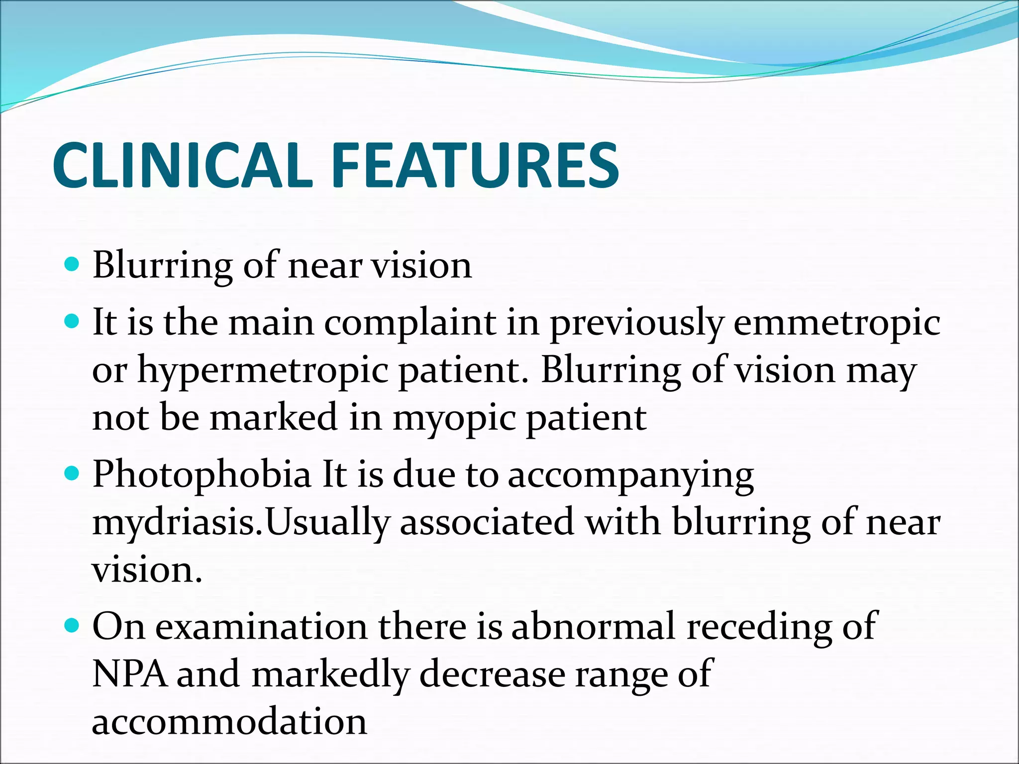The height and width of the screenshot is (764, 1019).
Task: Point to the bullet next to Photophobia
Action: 73,473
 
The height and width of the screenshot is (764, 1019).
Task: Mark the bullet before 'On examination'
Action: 73,625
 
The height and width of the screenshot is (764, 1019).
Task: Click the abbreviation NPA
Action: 130,674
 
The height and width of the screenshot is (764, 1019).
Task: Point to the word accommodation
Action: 229,721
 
